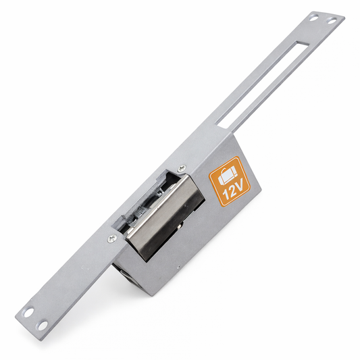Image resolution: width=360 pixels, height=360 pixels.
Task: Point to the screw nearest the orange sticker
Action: click(x=180, y=170)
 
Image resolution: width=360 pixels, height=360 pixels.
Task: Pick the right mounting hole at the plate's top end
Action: click(x=331, y=22)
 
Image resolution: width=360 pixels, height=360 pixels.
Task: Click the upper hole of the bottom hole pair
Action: click(x=28, y=313)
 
